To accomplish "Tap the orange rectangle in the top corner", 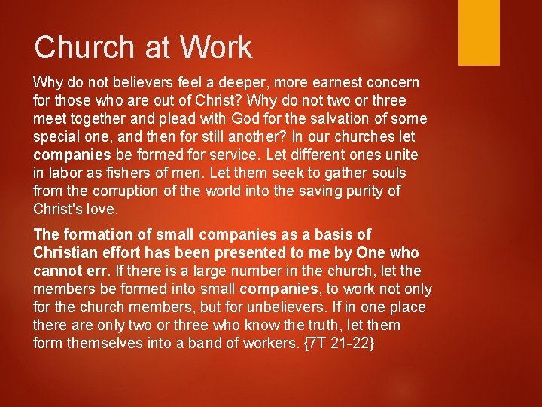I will point(479,32).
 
